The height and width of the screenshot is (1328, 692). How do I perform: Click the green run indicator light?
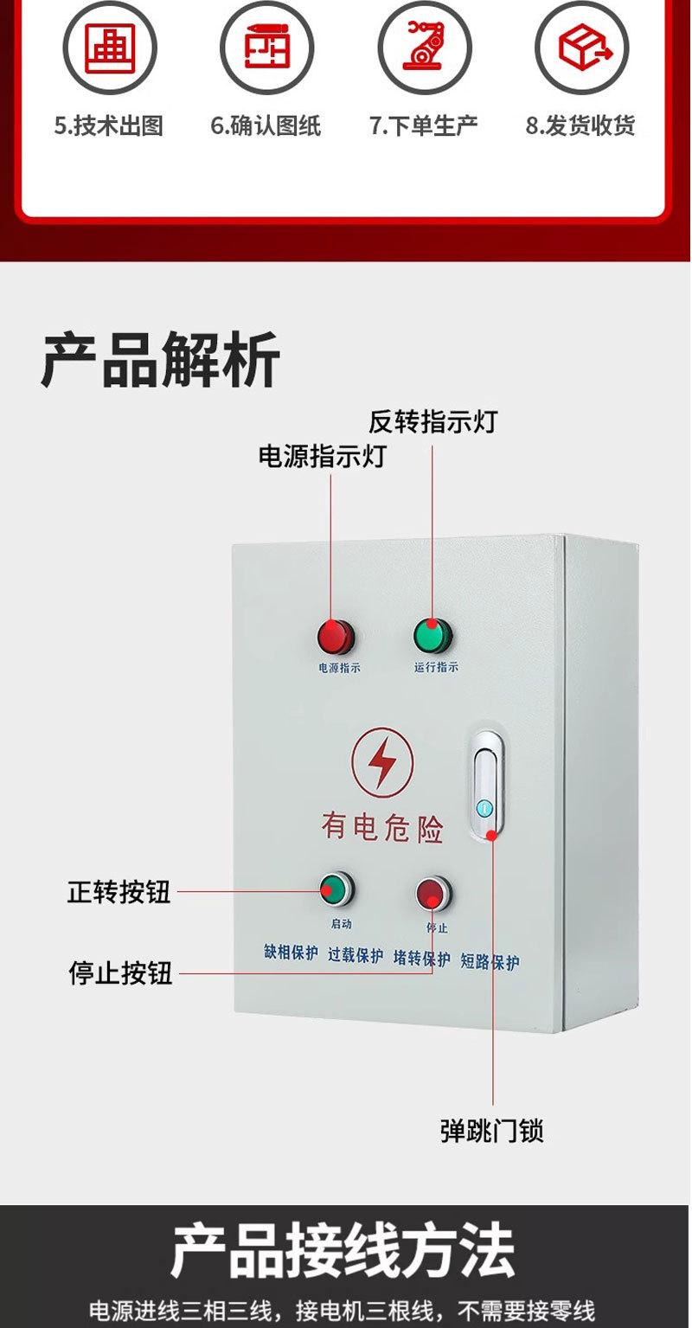(429, 635)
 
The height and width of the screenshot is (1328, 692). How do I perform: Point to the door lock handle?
(486, 785)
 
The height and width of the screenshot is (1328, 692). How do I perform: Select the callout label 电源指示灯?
(322, 456)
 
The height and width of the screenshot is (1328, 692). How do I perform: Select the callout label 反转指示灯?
(432, 421)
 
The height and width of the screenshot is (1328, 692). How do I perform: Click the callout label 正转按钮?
(119, 891)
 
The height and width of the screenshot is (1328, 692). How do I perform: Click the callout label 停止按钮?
(120, 972)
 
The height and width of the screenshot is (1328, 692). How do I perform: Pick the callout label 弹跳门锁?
(492, 1131)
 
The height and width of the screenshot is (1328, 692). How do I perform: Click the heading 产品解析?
(161, 360)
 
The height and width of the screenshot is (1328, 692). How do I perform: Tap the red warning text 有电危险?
(382, 826)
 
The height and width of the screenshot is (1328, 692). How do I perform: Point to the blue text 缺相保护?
(291, 953)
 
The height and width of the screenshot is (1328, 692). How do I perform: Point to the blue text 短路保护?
(490, 961)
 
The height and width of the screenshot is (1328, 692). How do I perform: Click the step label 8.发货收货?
(580, 126)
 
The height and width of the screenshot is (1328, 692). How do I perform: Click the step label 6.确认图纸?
(266, 126)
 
